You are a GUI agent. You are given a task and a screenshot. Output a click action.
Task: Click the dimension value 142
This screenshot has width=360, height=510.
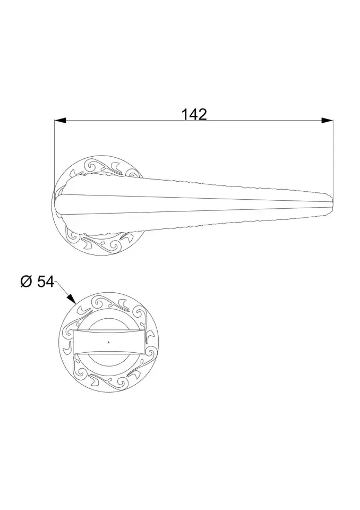point(194,115)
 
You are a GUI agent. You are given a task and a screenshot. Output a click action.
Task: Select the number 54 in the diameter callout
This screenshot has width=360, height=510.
point(46,282)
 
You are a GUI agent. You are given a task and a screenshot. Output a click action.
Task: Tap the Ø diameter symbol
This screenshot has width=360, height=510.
point(26,282)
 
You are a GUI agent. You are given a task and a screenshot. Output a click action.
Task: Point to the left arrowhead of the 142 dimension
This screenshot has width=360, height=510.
point(60,121)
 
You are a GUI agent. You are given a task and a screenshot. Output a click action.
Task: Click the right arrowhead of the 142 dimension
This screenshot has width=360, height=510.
point(327,121)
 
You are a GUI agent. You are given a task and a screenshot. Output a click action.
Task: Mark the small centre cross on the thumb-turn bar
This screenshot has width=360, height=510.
point(109,342)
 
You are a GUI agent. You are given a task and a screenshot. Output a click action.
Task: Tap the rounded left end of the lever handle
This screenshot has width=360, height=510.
point(58,204)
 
